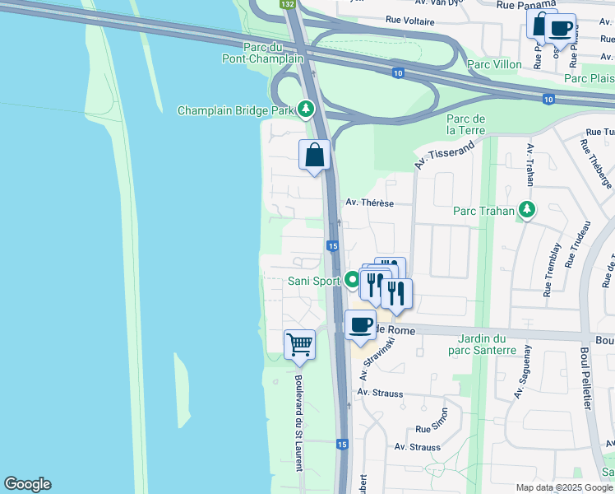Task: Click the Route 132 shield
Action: point(287,4)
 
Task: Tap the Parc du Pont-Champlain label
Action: point(263,53)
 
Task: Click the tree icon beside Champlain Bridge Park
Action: point(306,109)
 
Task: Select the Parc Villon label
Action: point(494,63)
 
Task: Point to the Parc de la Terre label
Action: point(465,124)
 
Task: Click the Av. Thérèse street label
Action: point(370,203)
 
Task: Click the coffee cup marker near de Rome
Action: point(359,324)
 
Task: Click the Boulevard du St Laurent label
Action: point(299,423)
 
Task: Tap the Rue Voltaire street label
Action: point(409,19)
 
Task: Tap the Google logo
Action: point(27,484)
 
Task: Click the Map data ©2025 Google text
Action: point(564,487)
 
